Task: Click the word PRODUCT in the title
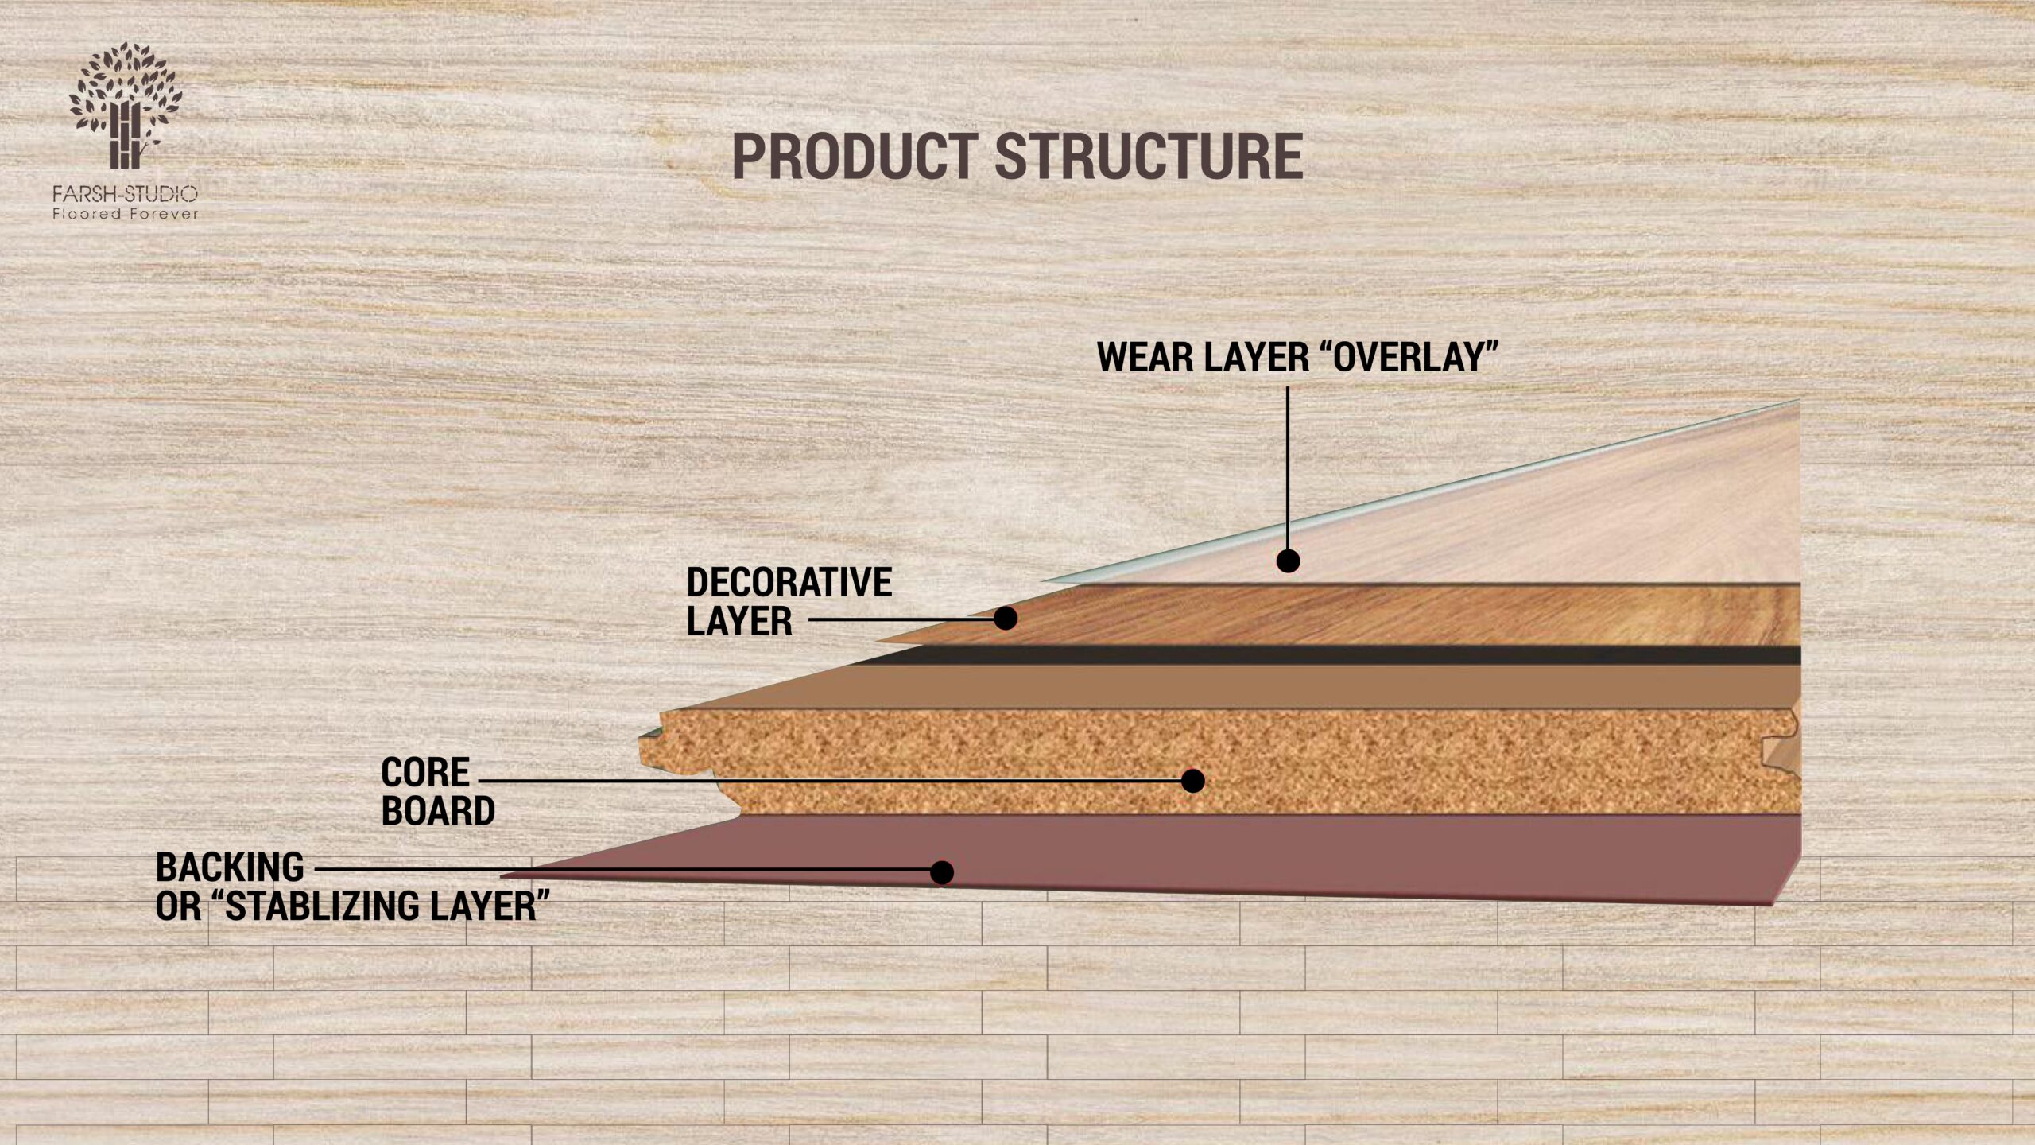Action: point(855,156)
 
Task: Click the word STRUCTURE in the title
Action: point(1149,156)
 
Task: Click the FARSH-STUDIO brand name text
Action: point(125,194)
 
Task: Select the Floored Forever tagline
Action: point(125,214)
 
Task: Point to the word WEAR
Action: point(1145,357)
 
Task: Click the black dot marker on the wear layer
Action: point(1288,561)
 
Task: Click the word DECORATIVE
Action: point(789,583)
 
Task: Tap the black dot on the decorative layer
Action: point(1006,618)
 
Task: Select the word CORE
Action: point(425,772)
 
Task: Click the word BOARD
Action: point(438,811)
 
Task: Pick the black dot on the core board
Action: point(1192,781)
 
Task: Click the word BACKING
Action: point(230,867)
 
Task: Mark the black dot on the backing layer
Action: point(941,872)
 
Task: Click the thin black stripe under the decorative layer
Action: point(1351,655)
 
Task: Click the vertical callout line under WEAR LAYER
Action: point(1288,469)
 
